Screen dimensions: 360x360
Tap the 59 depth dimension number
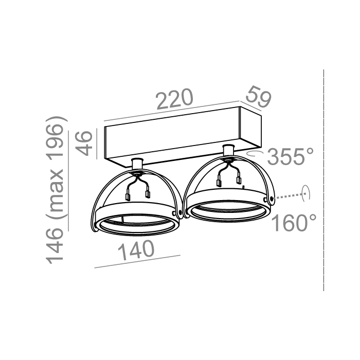coord(258,97)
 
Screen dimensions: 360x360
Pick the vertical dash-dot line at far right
coord(323,180)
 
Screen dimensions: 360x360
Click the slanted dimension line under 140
coord(138,261)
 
